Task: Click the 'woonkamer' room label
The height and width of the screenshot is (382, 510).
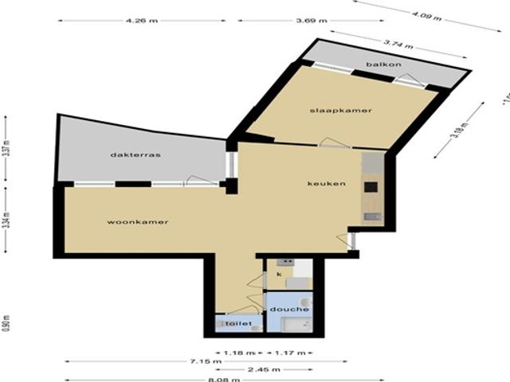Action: click(137, 222)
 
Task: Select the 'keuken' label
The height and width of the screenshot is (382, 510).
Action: click(327, 184)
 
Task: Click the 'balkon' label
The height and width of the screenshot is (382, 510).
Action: click(379, 64)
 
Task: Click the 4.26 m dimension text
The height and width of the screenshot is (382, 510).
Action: click(141, 20)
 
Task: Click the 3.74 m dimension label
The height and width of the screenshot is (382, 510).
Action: click(397, 44)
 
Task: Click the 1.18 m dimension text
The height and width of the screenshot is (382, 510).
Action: click(238, 351)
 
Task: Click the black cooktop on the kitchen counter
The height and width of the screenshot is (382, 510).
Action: click(371, 188)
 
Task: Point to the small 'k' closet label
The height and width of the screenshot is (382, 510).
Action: click(279, 274)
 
